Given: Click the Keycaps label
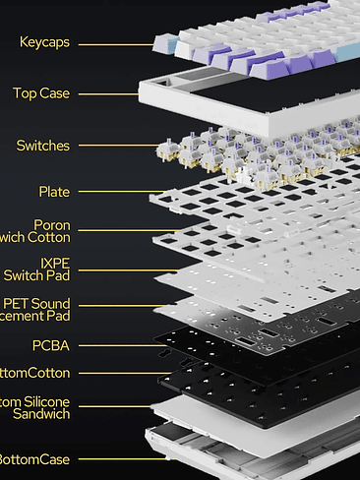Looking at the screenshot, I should tap(44, 42).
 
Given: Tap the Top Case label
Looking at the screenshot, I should tap(40, 93).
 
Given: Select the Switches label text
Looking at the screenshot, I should tap(42, 146).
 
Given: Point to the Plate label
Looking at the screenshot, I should tap(54, 192).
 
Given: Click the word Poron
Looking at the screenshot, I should tap(51, 225).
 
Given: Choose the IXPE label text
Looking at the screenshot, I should tap(55, 264).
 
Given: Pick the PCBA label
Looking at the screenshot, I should tap(50, 345).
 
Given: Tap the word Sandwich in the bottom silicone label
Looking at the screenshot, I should tap(40, 415).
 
